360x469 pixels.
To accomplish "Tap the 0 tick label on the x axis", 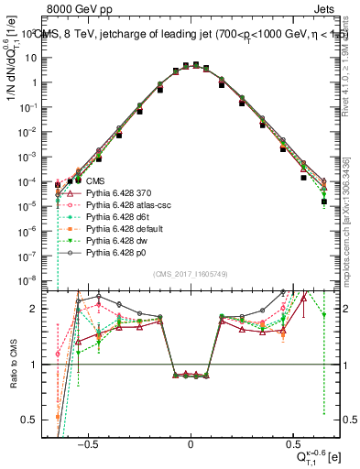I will (190, 440).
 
